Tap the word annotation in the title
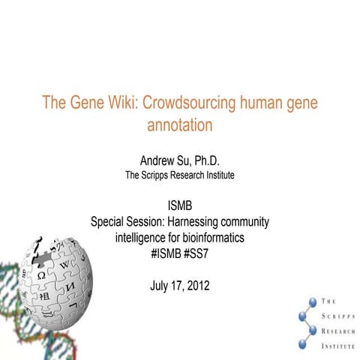point(179,125)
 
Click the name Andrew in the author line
point(160,161)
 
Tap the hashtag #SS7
point(199,253)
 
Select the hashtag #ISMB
point(165,253)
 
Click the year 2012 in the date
point(195,286)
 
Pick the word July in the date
point(161,286)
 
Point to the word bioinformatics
point(212,238)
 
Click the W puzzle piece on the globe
point(64,265)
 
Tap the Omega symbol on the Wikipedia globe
point(40,276)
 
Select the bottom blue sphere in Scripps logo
point(302,343)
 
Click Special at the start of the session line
point(108,222)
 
